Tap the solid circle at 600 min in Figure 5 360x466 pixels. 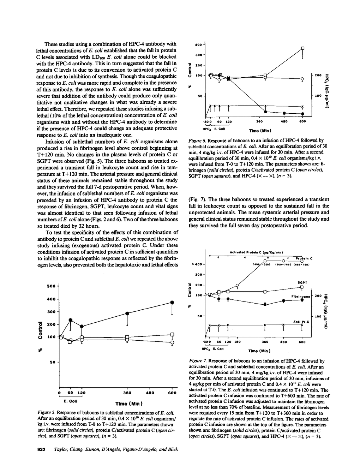tap(172, 303)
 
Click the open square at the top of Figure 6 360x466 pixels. tap(302, 48)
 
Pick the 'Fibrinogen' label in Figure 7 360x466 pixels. tap(301, 296)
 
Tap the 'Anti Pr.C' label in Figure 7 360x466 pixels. tap(301, 322)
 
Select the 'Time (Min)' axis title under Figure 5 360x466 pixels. tap(129, 403)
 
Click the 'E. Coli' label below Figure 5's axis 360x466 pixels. tap(71, 401)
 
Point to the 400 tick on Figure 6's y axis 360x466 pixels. tap(198, 45)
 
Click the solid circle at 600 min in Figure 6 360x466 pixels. tap(302, 114)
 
